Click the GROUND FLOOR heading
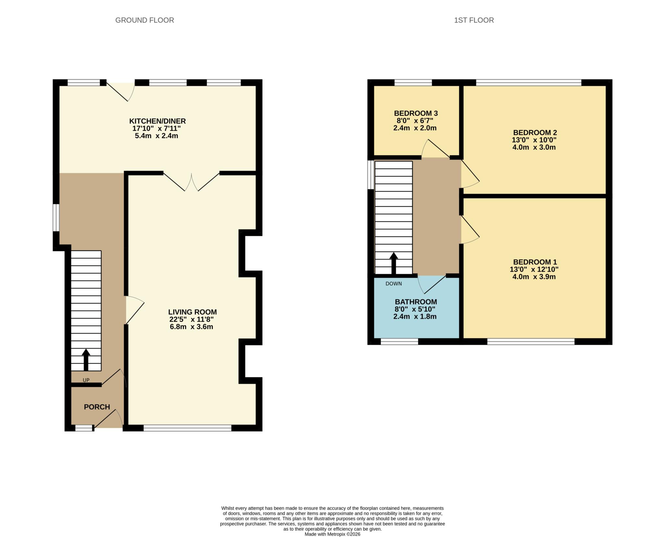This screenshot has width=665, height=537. coord(144,20)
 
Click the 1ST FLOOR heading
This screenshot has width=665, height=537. coord(474,20)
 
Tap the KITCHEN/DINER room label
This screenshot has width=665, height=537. coord(157,121)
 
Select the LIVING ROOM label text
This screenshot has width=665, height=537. coord(192,312)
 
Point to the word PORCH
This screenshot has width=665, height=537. coord(97,407)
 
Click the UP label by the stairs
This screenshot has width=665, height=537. coord(86,380)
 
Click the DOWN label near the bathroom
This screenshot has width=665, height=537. coord(394,284)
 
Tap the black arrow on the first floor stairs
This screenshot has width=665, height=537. coord(394,263)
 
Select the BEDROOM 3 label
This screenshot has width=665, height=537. coord(416,113)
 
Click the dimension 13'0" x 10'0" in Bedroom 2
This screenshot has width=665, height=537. coord(534,140)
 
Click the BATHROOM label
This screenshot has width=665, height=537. coord(416,302)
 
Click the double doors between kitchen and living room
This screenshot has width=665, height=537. coord(192,182)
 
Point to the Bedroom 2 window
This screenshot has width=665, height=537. coord(528,83)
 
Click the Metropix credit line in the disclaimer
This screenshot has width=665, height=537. coord(332,534)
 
